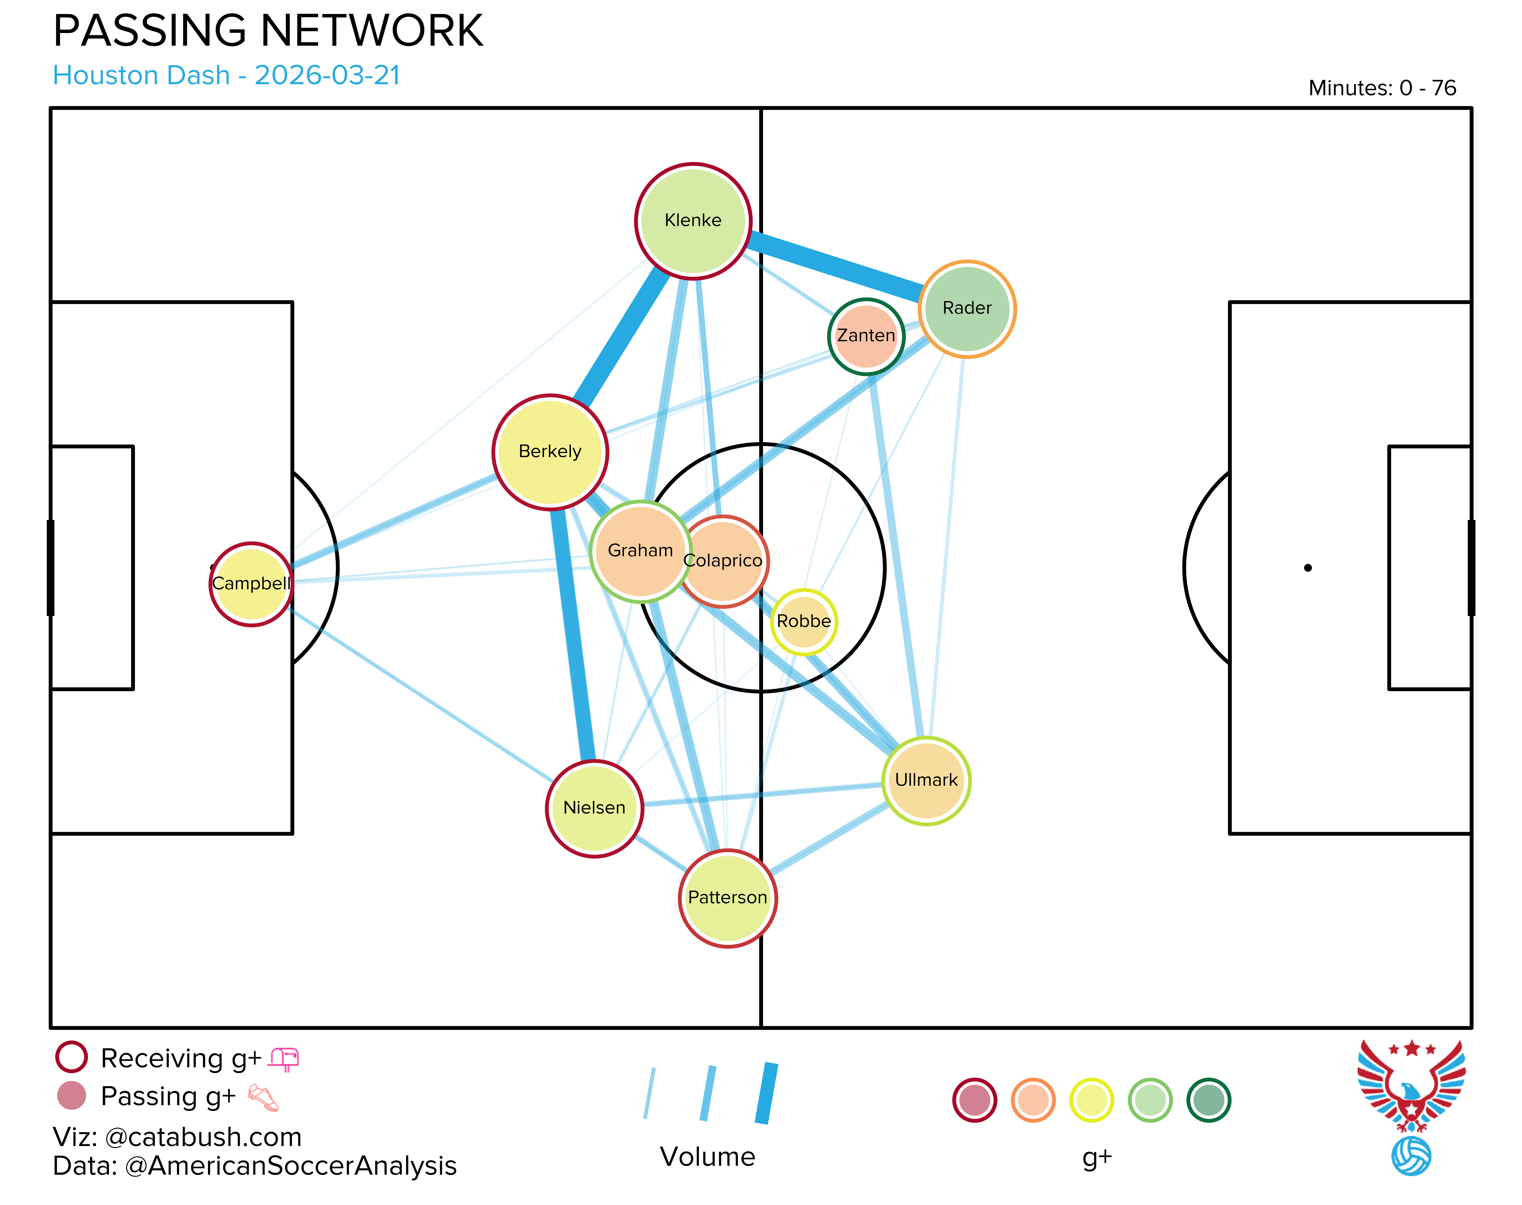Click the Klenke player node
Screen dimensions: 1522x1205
pos(693,221)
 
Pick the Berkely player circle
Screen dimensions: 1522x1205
pos(550,452)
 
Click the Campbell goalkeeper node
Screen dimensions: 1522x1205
pos(251,584)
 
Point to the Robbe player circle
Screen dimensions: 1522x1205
pos(804,622)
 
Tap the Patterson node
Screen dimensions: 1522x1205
pos(727,898)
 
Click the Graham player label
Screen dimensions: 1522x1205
pos(640,550)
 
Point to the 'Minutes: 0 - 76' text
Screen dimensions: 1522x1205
pos(1382,88)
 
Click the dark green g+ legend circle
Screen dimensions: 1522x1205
pos(1209,1100)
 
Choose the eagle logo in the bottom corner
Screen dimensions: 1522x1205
pos(1411,1106)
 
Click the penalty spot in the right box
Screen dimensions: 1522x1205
pos(1308,568)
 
